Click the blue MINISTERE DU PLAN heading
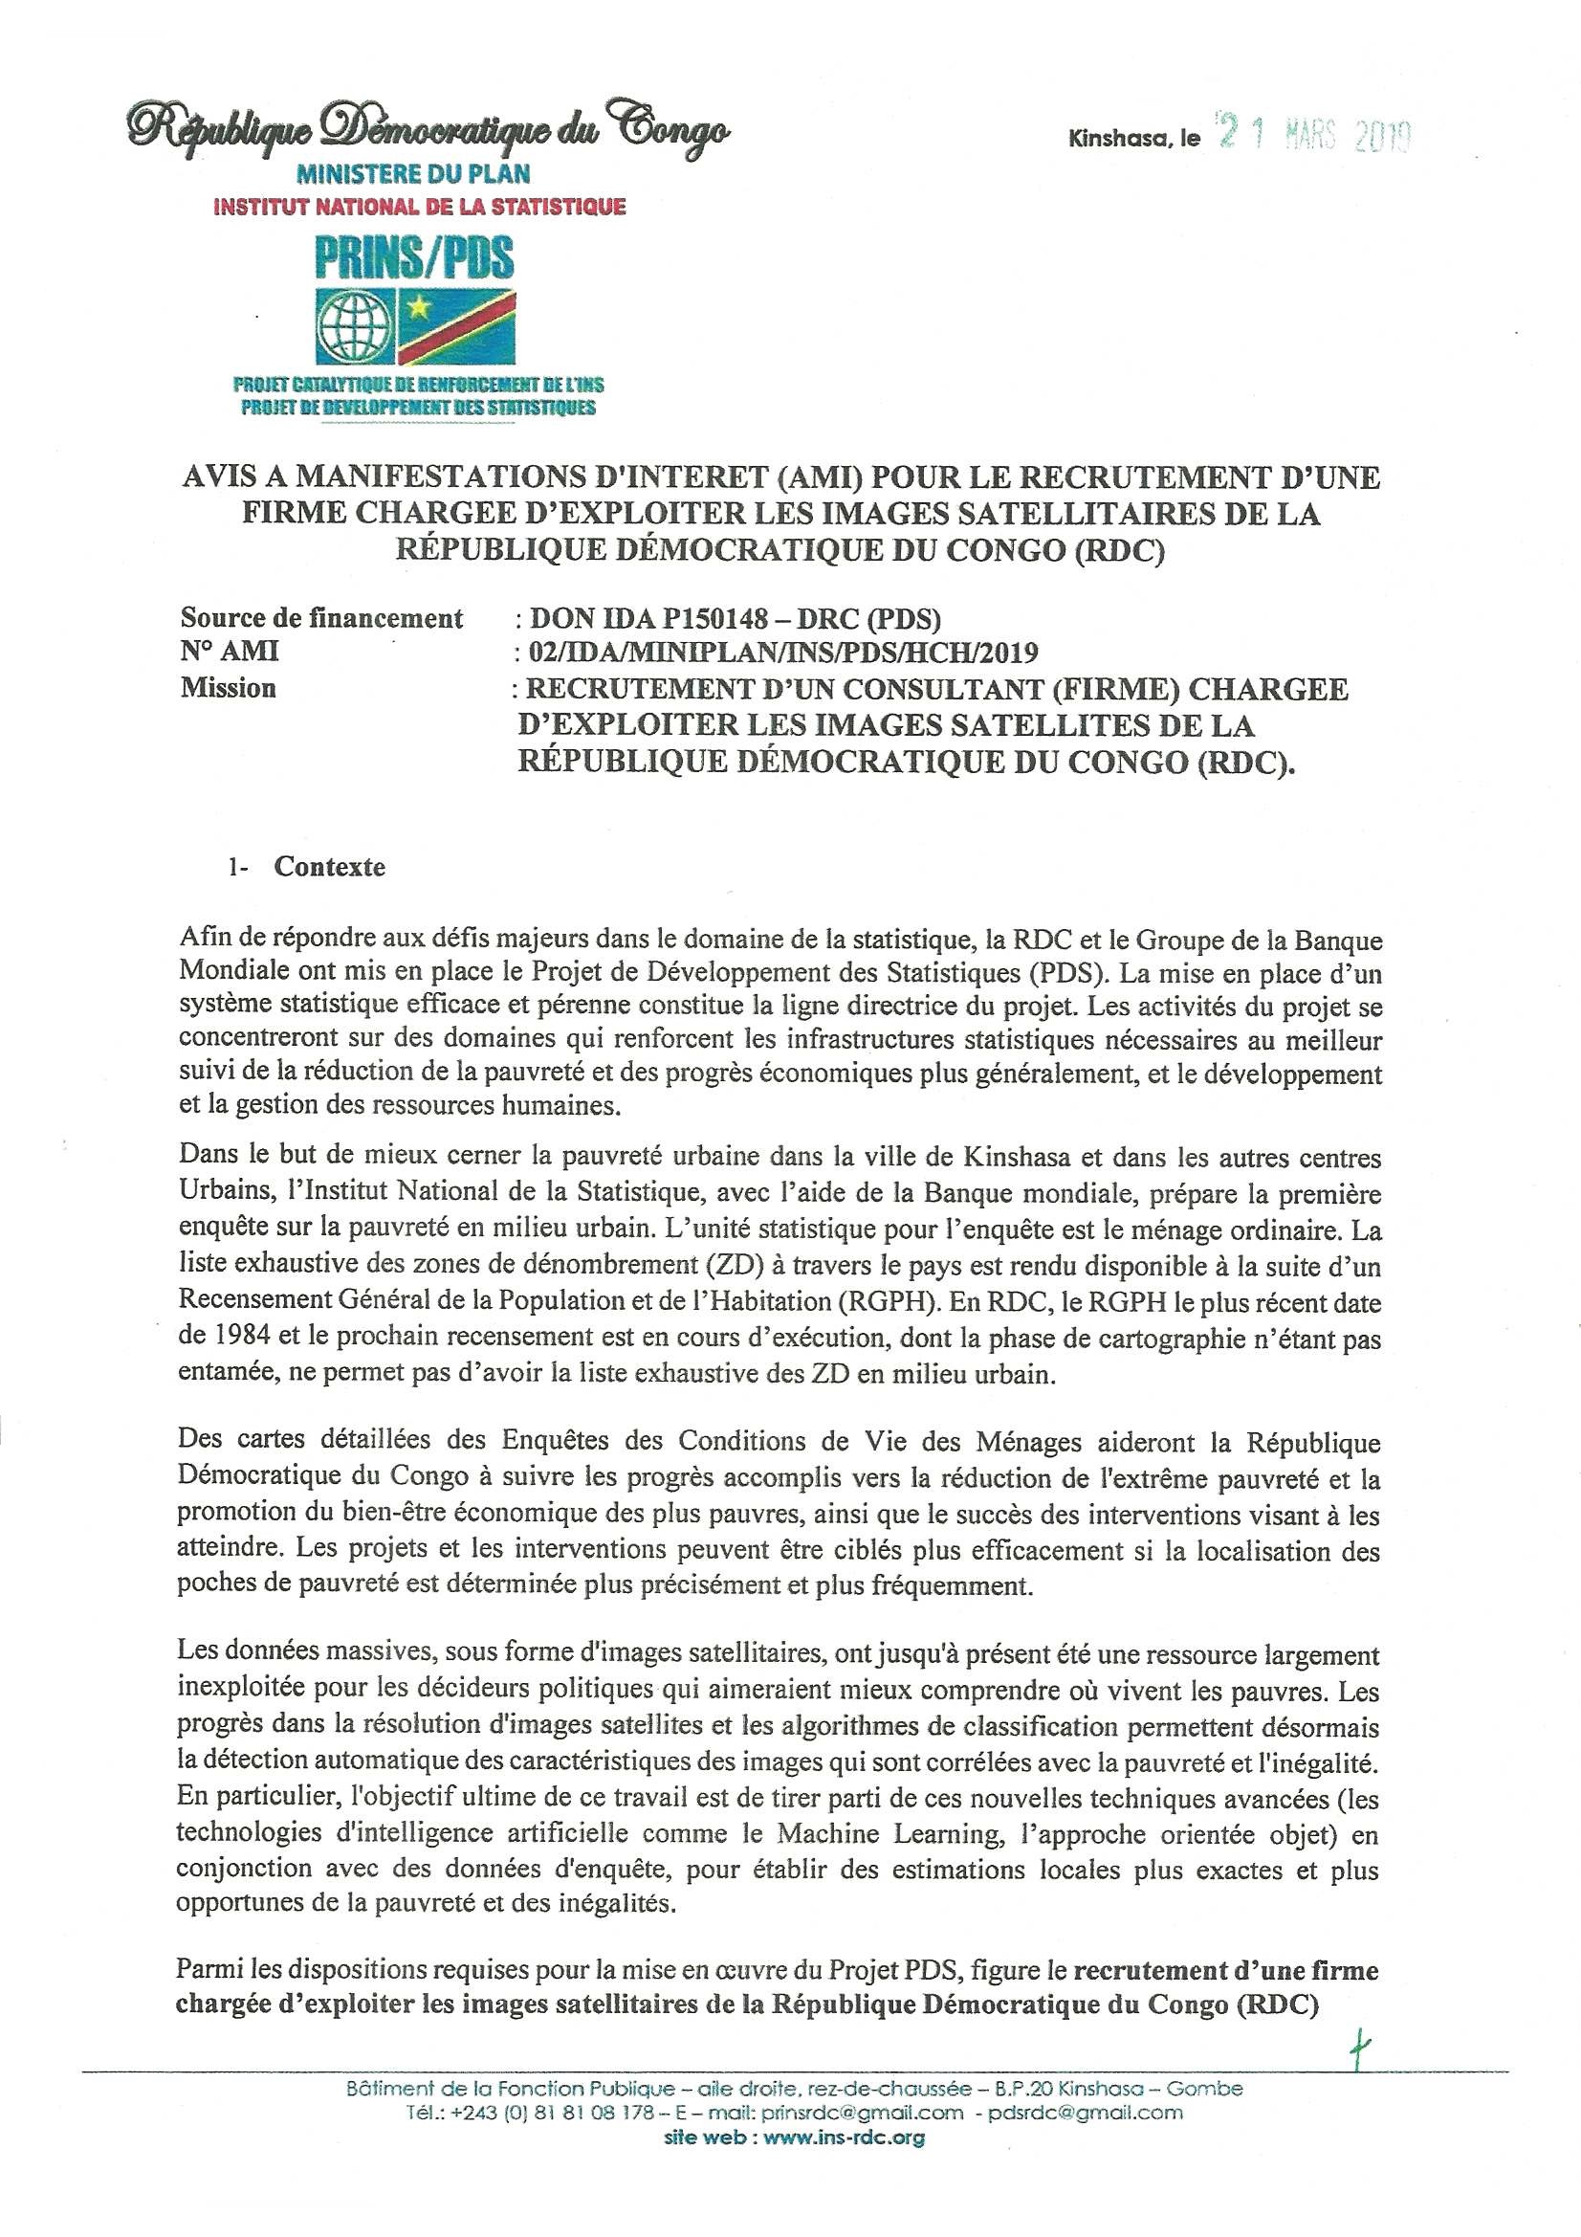pyautogui.click(x=428, y=174)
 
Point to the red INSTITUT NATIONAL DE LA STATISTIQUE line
pyautogui.click(x=419, y=206)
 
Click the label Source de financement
pyautogui.click(x=321, y=618)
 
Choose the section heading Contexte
pyautogui.click(x=329, y=866)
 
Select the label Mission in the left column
pyautogui.click(x=228, y=688)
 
